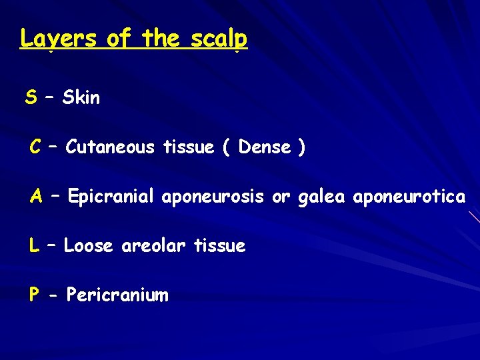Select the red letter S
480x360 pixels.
click(x=31, y=98)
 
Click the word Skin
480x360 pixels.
click(x=81, y=98)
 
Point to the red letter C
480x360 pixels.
click(x=36, y=147)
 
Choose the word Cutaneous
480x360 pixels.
click(x=111, y=147)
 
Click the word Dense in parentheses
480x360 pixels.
click(x=265, y=147)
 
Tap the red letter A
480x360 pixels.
click(x=37, y=197)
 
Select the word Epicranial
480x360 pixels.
click(x=111, y=197)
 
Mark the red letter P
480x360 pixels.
click(x=34, y=295)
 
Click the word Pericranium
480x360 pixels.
click(x=117, y=295)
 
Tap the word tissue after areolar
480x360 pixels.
click(x=219, y=246)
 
